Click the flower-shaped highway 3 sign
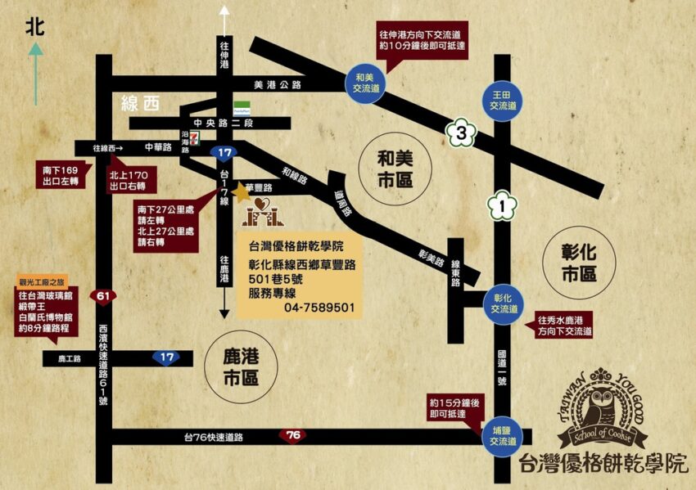point(462,131)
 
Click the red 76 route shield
point(293,435)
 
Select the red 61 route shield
point(103,295)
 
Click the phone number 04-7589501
point(319,308)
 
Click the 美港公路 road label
point(278,83)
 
